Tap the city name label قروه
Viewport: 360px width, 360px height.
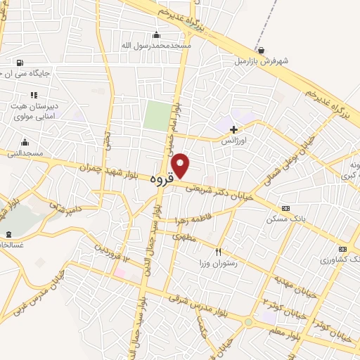[x=161, y=180]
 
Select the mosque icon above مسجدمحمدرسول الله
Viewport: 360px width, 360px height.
[x=156, y=35]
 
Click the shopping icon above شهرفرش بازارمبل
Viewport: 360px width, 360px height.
[x=262, y=51]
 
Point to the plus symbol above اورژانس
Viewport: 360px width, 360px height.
[x=233, y=129]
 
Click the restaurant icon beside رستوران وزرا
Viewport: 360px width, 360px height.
[x=219, y=252]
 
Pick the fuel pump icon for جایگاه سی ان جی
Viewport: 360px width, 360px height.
[x=18, y=62]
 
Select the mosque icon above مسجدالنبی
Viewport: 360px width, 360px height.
[x=25, y=143]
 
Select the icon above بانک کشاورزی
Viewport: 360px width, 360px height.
[x=342, y=249]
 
